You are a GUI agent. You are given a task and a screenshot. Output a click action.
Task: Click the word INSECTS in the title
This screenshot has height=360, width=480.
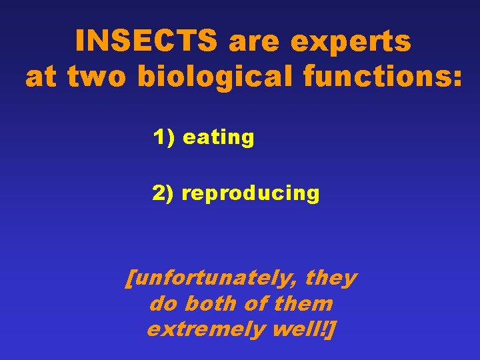point(147,42)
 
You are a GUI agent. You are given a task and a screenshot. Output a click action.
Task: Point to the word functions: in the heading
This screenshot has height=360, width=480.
point(381,77)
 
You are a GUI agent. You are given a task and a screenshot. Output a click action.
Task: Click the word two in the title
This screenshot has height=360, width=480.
point(98,77)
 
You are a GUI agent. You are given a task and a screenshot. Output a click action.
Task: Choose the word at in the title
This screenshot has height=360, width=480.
point(41,77)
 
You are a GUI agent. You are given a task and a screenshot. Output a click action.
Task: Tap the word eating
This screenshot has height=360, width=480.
point(218,138)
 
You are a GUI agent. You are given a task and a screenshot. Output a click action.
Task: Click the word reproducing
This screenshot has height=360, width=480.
point(251,193)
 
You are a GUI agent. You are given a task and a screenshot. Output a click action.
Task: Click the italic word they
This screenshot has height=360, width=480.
point(331,278)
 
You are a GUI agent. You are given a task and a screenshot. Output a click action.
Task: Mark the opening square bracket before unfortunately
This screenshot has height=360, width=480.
point(129,278)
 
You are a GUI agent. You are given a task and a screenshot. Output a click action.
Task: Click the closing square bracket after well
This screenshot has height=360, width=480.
point(331,329)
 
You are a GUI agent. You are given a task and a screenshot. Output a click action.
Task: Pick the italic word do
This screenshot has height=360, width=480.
point(163,304)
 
